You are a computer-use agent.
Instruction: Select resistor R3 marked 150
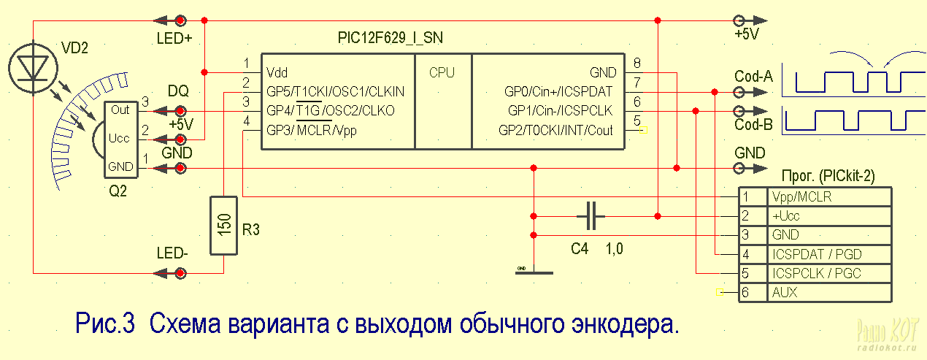224,225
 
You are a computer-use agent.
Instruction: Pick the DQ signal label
178,91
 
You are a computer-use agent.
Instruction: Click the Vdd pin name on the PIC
277,73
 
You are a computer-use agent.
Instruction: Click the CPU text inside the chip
442,73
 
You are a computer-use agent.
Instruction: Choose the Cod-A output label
753,76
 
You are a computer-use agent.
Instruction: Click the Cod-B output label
753,124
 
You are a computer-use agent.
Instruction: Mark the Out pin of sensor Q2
120,110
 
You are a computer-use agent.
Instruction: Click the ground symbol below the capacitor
534,271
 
